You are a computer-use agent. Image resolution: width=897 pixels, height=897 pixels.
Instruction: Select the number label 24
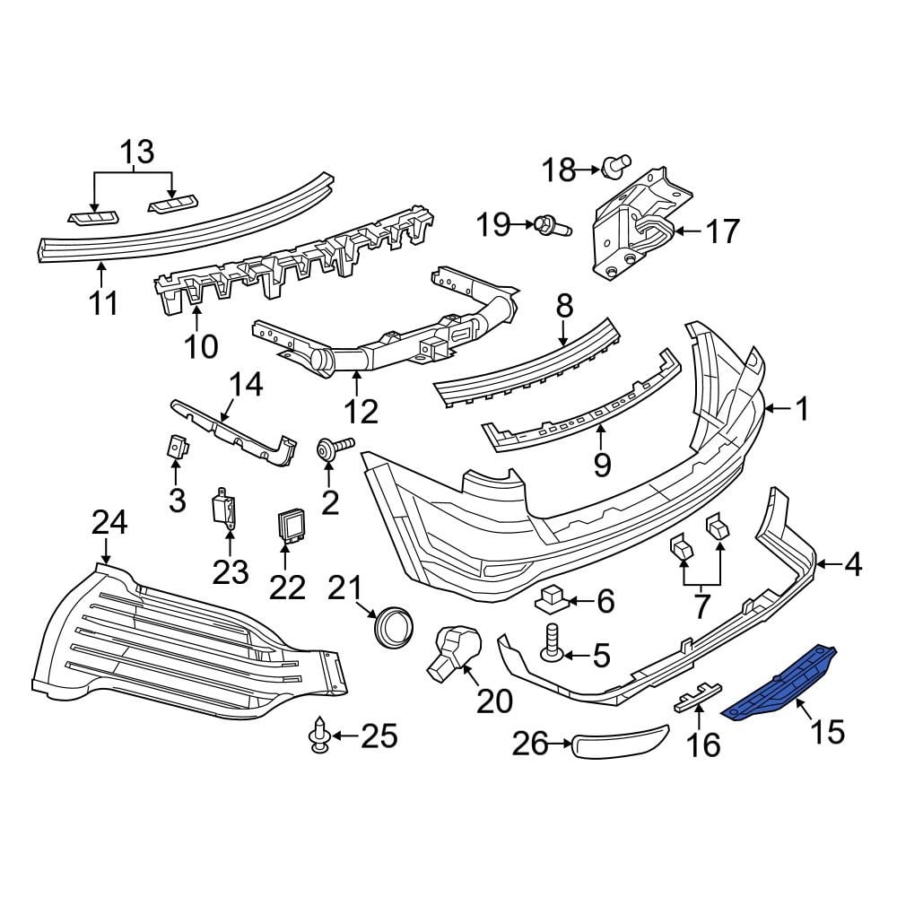(x=110, y=523)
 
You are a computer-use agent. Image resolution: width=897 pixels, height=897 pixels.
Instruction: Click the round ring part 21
(x=394, y=624)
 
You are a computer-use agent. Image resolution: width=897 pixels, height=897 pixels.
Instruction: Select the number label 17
(x=721, y=231)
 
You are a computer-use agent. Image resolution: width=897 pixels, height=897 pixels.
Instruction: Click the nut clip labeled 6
(x=550, y=598)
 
